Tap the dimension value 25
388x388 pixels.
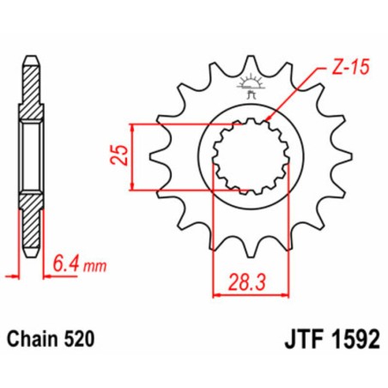pos(120,155)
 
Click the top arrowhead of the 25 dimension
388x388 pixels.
pos(132,126)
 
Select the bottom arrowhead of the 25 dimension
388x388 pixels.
pos(132,185)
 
